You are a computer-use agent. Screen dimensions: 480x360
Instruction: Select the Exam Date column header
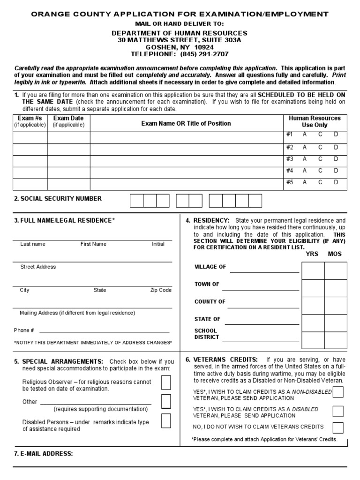(x=68, y=121)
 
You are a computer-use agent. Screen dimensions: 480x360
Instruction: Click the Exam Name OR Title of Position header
(x=186, y=123)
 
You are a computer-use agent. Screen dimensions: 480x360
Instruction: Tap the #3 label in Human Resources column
(x=289, y=159)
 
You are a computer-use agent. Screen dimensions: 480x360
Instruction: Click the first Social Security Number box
(x=136, y=201)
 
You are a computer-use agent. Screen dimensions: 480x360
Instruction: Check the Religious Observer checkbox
(x=166, y=383)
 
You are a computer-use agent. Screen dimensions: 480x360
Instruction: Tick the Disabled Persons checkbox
(x=166, y=420)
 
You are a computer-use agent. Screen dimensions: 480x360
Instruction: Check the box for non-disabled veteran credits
(x=337, y=392)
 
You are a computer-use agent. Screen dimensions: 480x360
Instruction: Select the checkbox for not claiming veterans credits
(x=337, y=427)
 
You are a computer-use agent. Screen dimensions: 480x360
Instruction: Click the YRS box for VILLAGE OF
(x=313, y=270)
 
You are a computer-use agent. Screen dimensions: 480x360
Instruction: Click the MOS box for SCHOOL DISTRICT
(x=336, y=340)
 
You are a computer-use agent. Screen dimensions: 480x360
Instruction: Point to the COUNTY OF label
(x=210, y=302)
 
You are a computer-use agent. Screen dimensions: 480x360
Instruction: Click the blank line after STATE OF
(x=264, y=323)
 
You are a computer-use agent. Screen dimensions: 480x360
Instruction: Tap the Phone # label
(x=24, y=330)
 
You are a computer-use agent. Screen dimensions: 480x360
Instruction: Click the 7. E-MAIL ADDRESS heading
(x=43, y=454)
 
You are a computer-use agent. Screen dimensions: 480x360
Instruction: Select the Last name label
(x=33, y=244)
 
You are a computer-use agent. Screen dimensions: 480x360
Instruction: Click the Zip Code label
(x=161, y=290)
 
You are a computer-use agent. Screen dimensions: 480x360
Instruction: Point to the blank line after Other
(x=96, y=403)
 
